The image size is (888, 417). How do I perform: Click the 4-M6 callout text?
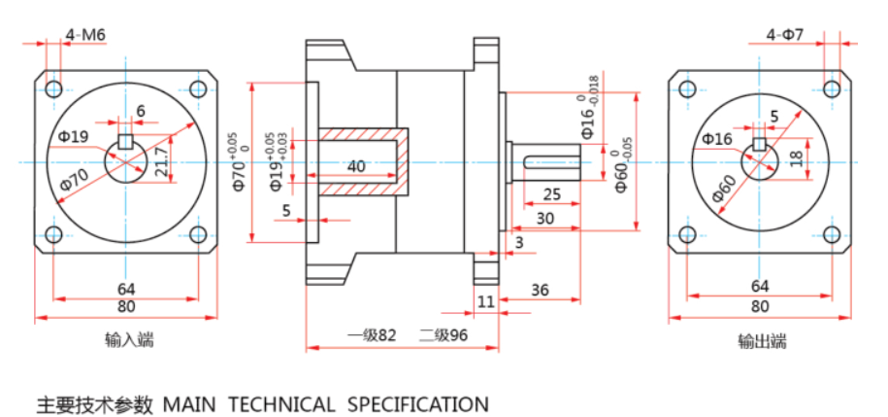pos(86,35)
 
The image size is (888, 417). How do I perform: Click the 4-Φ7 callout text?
pos(785,35)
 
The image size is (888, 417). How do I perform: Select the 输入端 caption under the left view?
pos(129,340)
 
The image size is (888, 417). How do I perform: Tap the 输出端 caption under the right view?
pos(762,341)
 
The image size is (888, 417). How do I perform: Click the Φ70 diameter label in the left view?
pos(74,179)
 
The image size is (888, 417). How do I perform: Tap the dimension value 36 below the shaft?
pos(541,290)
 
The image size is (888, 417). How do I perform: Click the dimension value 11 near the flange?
pos(485,303)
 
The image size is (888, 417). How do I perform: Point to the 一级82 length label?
pos(373,335)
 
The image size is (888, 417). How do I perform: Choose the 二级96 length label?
pos(444,335)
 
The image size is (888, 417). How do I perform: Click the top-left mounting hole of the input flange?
pos(53,89)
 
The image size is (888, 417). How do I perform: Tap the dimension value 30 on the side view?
pos(544,219)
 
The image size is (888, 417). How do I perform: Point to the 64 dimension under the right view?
pos(760,286)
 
